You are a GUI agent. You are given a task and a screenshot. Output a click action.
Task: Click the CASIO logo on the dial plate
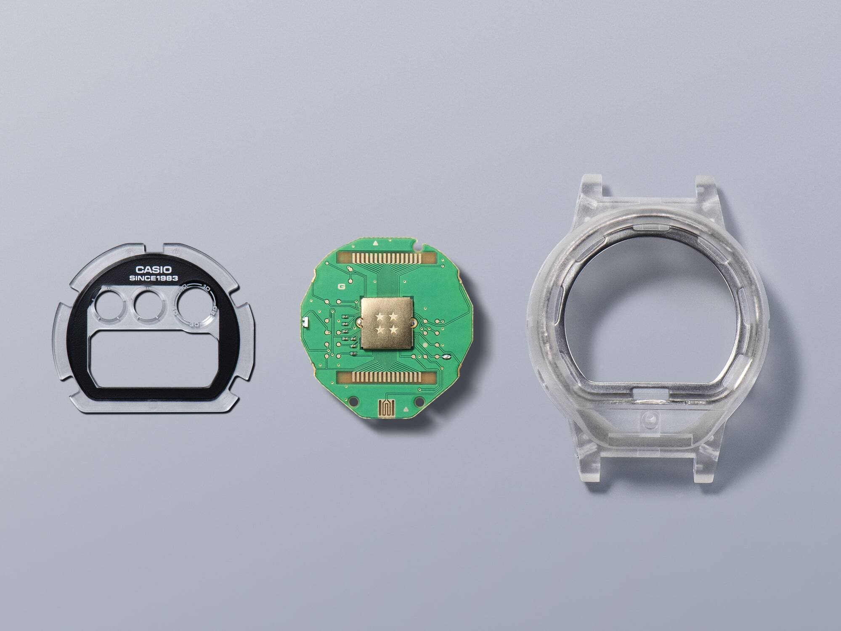point(154,269)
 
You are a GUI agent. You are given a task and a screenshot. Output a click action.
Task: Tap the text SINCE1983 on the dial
point(154,278)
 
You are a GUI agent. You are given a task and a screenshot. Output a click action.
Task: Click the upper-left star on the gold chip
point(380,316)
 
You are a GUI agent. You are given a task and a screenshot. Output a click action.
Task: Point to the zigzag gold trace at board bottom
point(386,407)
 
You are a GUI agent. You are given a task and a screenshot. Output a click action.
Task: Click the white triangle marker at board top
point(375,243)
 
